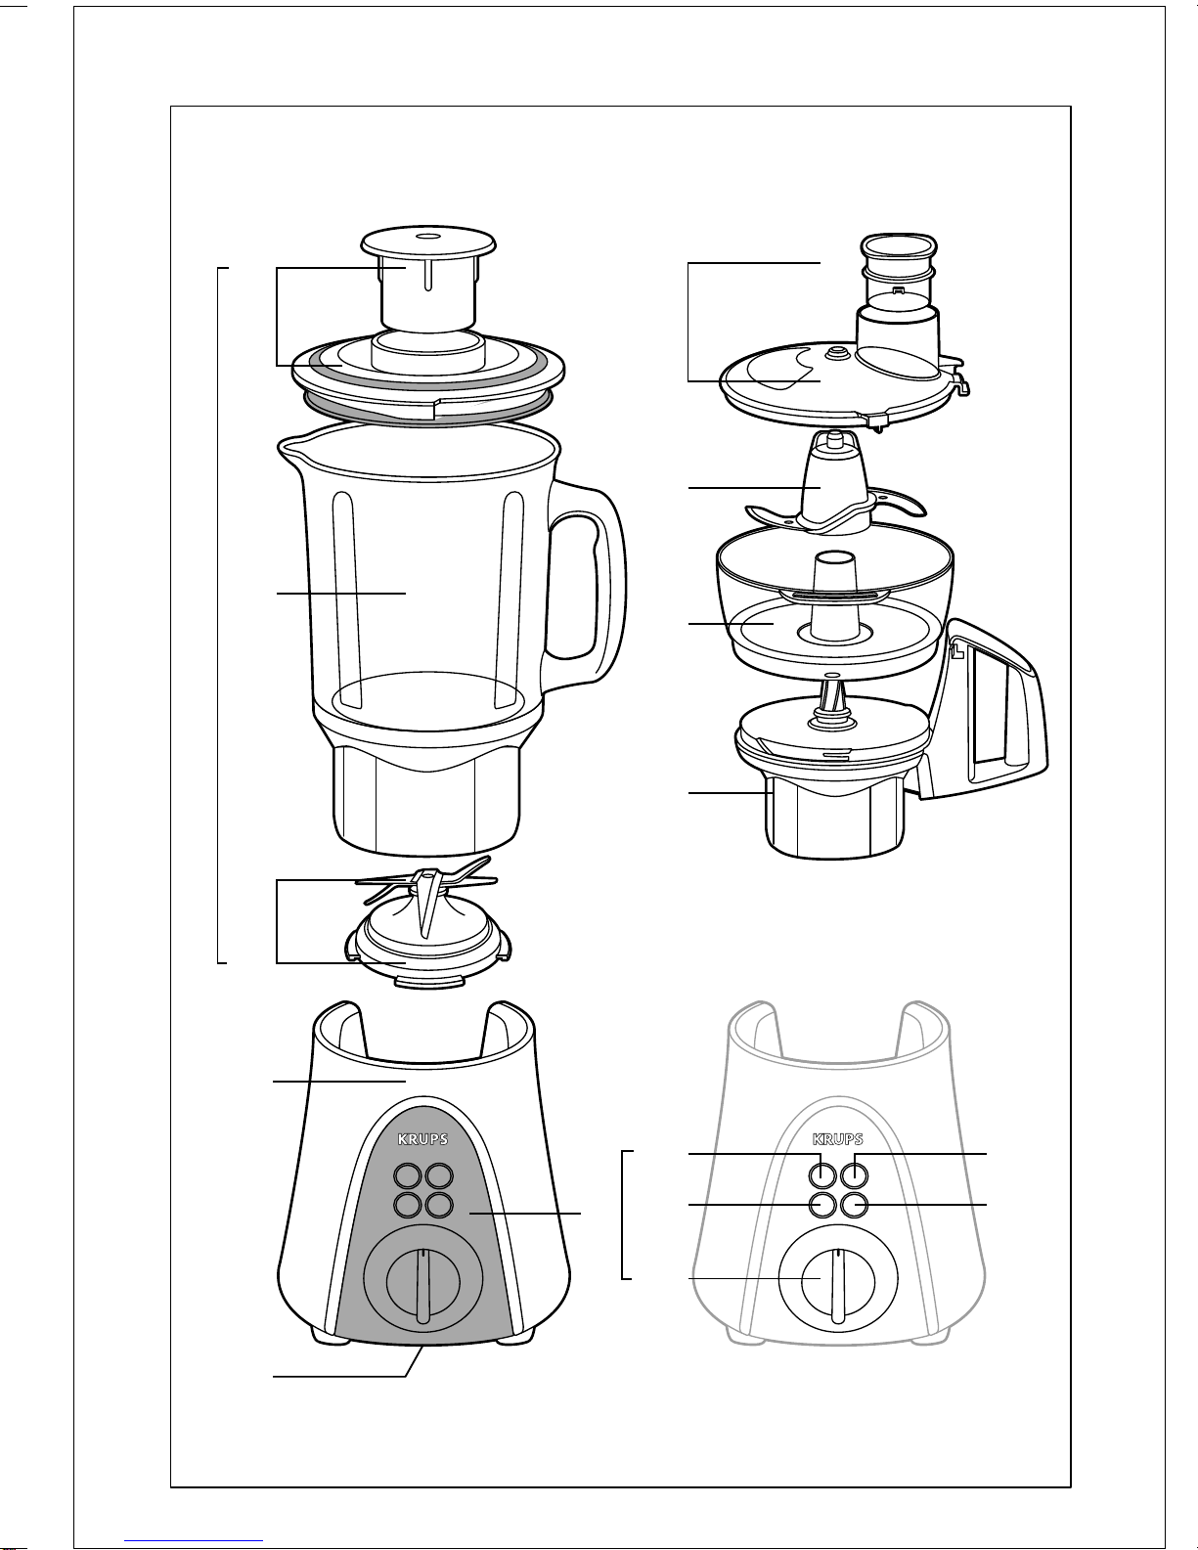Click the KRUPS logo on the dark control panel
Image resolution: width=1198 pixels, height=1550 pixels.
(x=422, y=1139)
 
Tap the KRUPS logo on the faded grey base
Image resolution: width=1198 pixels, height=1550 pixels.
(x=838, y=1139)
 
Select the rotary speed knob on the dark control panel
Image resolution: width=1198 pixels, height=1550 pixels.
(x=422, y=1280)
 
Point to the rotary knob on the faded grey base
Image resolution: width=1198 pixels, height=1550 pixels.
(x=838, y=1280)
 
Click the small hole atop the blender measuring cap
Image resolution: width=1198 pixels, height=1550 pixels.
(x=428, y=236)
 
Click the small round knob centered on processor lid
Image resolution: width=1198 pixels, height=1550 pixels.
(x=833, y=352)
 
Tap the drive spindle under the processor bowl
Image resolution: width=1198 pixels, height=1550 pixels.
(x=831, y=702)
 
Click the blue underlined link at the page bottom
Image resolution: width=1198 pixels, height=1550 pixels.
(x=194, y=1541)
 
